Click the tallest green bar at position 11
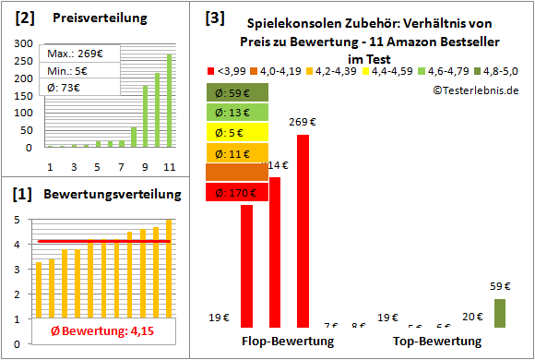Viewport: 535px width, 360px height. point(169,101)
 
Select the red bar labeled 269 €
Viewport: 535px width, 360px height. point(303,231)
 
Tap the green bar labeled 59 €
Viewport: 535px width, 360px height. point(500,312)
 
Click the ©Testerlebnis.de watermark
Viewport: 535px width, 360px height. point(474,90)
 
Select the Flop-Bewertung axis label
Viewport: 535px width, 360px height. point(288,342)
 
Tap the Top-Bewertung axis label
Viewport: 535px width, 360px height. point(437,342)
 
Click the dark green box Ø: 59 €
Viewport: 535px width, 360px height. point(237,92)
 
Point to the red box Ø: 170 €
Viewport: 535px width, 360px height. point(237,194)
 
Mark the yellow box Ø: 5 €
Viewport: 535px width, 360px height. point(237,133)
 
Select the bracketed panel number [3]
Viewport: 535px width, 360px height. point(214,18)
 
